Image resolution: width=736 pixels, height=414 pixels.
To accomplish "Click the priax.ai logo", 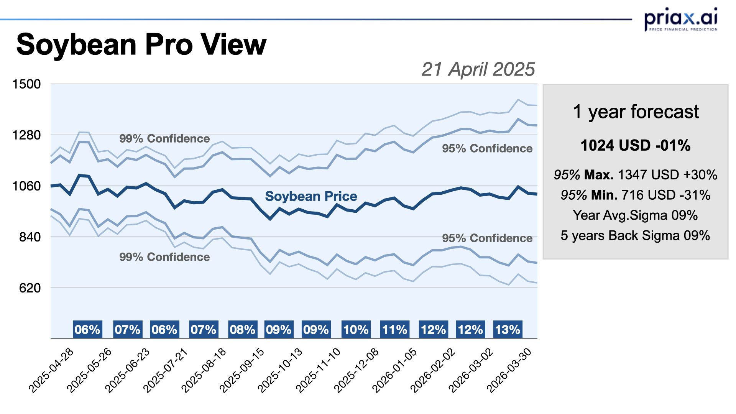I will point(681,19).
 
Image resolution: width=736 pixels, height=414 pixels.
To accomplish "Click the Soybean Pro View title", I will point(141,44).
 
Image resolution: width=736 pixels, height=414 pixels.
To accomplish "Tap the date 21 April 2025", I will point(478,69).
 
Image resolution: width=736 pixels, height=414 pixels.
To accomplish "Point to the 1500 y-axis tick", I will point(26,84).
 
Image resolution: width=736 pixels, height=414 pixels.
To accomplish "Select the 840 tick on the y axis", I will point(30,237).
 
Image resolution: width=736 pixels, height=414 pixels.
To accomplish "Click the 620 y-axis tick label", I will point(30,288).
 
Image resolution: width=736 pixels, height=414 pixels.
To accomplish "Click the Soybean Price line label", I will point(311,196).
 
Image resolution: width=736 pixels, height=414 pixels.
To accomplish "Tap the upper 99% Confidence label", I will point(164,138).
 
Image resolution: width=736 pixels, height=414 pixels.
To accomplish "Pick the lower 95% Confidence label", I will point(487,238).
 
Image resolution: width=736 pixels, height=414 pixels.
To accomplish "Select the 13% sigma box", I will point(508,330).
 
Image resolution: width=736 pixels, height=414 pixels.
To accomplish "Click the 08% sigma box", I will point(242,330).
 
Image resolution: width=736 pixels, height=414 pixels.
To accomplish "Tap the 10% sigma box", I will point(356,330).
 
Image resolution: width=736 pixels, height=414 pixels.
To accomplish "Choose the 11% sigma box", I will point(394,330).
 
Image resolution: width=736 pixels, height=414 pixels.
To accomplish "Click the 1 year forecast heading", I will point(636,112).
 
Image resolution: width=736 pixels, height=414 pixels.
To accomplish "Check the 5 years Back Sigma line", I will point(635,235).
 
